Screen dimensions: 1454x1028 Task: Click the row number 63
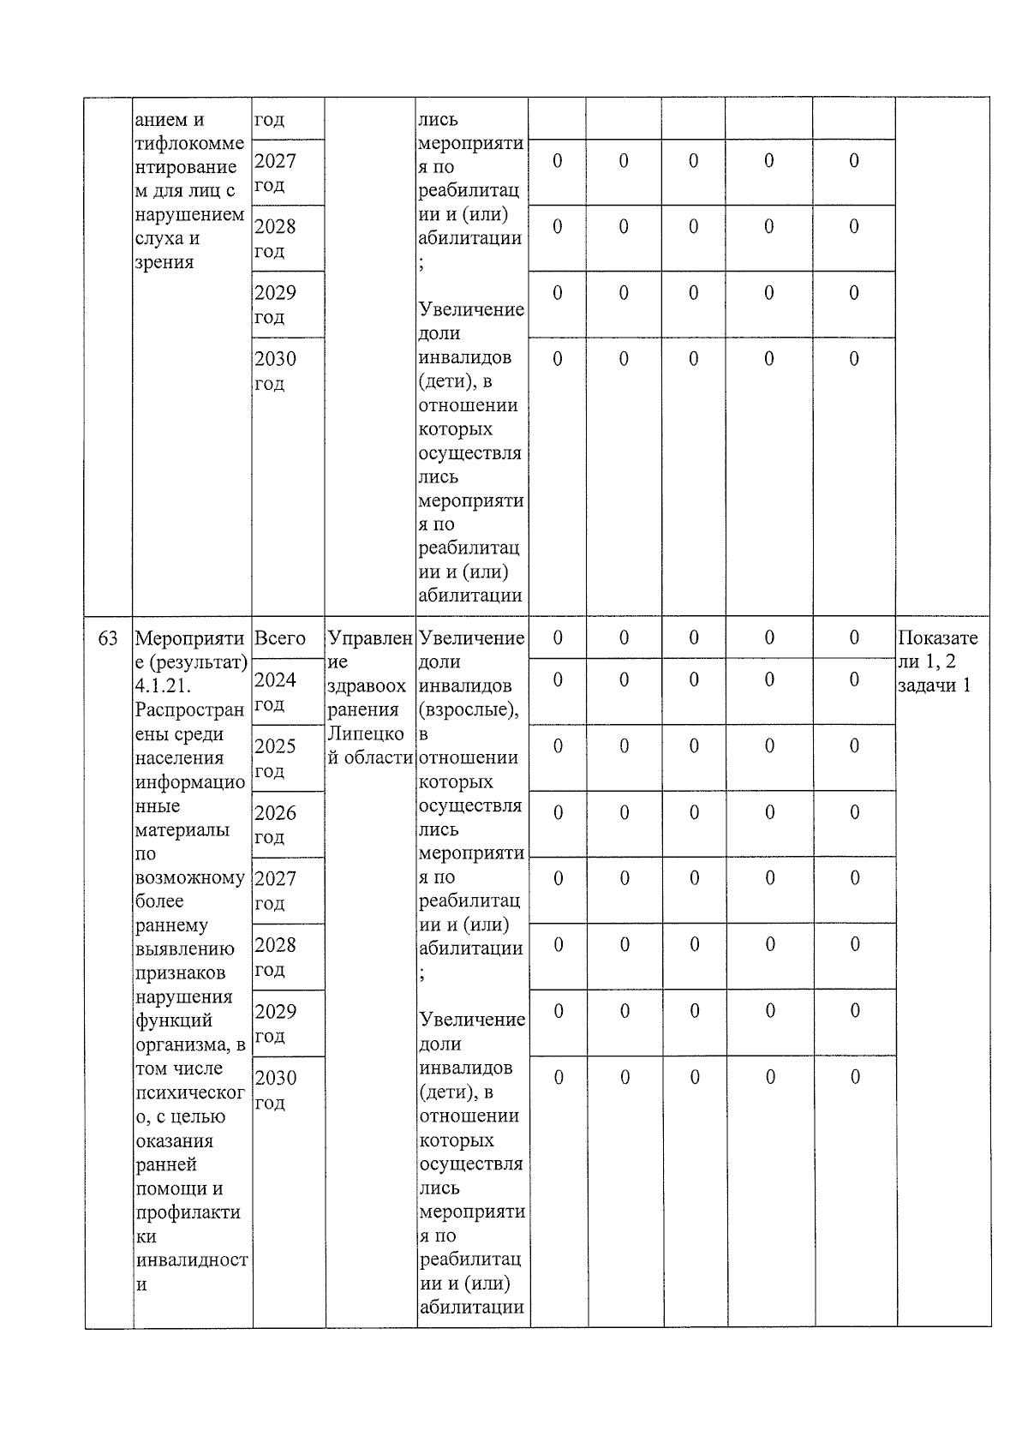pyautogui.click(x=108, y=638)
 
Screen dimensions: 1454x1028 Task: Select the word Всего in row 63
pyautogui.click(x=280, y=638)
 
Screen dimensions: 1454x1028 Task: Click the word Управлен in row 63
pyautogui.click(x=370, y=638)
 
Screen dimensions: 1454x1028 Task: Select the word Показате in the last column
pyautogui.click(x=938, y=638)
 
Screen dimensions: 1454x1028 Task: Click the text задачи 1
pyautogui.click(x=935, y=685)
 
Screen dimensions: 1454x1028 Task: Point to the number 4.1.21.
pyautogui.click(x=163, y=686)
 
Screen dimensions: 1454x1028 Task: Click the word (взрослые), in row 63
pyautogui.click(x=469, y=709)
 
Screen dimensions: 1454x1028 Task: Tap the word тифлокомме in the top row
pyautogui.click(x=189, y=143)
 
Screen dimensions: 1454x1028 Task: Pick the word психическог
pyautogui.click(x=190, y=1092)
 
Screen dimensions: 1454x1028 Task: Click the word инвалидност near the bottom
pyautogui.click(x=192, y=1260)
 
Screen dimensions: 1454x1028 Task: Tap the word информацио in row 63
pyautogui.click(x=190, y=782)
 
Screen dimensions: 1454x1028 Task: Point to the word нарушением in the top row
pyautogui.click(x=189, y=214)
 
